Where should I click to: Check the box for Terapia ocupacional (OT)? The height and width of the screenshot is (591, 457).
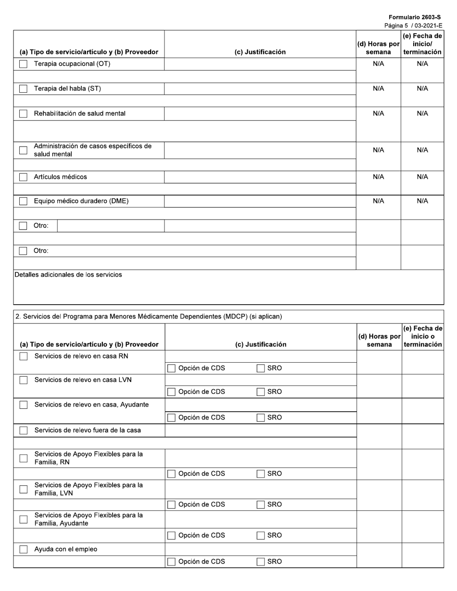click(x=23, y=64)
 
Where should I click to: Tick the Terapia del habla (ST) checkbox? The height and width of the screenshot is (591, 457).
click(x=23, y=89)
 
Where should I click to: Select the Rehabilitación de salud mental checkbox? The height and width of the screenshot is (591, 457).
click(x=23, y=114)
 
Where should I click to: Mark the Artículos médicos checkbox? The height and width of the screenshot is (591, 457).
click(x=23, y=177)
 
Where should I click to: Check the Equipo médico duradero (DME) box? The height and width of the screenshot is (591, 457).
click(x=23, y=201)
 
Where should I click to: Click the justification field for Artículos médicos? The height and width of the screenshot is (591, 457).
click(x=260, y=177)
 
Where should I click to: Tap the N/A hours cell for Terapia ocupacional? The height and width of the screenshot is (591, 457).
click(x=379, y=64)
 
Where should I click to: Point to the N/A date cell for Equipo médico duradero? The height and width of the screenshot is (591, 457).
click(x=422, y=201)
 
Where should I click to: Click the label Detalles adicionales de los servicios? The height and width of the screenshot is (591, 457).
click(x=68, y=275)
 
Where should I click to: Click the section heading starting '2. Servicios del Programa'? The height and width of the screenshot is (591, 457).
click(x=149, y=317)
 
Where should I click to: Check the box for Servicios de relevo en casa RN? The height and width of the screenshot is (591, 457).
click(x=23, y=356)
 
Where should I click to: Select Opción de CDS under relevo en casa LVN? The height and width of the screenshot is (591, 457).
click(x=172, y=392)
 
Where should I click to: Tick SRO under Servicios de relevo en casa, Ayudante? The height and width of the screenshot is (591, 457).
click(x=261, y=418)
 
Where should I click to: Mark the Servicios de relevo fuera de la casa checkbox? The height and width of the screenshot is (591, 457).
click(x=23, y=431)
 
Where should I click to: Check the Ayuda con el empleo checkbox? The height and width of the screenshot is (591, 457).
click(x=23, y=549)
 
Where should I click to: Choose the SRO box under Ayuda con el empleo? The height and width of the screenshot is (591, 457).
click(x=261, y=562)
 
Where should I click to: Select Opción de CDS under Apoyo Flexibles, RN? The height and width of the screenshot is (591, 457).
click(x=172, y=474)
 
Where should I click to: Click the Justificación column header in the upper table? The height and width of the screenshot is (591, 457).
click(x=260, y=52)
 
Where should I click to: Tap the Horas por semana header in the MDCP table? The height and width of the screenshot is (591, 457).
click(x=379, y=340)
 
